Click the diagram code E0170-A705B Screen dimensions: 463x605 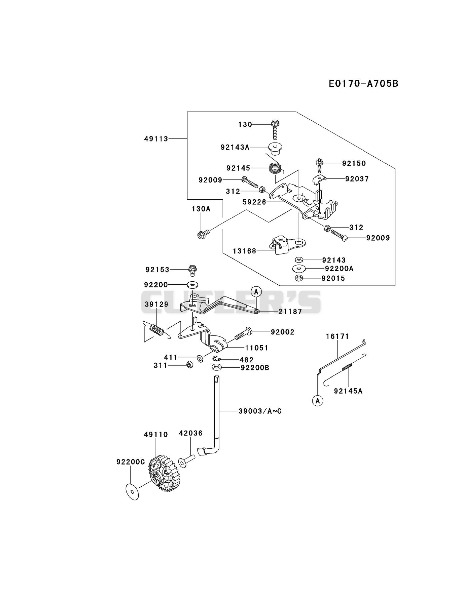click(x=363, y=83)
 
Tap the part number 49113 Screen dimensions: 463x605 click(x=156, y=139)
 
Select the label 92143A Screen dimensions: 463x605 click(x=235, y=147)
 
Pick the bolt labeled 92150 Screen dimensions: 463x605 click(x=319, y=166)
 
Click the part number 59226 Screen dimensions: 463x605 click(x=254, y=202)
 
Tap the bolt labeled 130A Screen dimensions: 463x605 click(x=203, y=234)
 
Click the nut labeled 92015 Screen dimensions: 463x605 click(x=298, y=278)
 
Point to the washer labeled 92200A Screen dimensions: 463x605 click(x=299, y=269)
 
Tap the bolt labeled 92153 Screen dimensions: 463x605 click(x=193, y=270)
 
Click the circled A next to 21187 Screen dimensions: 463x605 click(x=256, y=292)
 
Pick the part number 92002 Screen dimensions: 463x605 click(x=283, y=332)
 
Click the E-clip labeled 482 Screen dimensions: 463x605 click(x=217, y=359)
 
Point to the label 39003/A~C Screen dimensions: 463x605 click(x=260, y=411)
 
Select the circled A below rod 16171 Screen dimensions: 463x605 click(x=317, y=400)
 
